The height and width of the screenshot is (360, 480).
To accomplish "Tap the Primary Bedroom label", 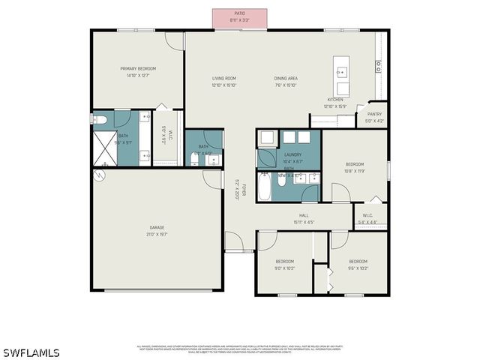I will click(x=137, y=71).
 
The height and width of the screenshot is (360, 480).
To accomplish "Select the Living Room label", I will click(x=223, y=81).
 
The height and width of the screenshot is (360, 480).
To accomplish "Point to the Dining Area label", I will click(x=286, y=81).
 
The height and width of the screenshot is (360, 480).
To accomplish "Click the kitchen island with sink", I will click(x=342, y=71).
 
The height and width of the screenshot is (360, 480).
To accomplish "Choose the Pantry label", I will click(x=374, y=117).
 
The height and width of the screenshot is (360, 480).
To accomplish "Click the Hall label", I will click(x=304, y=218).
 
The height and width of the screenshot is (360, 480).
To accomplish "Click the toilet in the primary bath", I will click(x=101, y=119).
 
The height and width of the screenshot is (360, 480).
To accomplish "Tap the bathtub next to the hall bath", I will click(x=265, y=187).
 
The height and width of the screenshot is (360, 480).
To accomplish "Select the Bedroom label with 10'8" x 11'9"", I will click(x=354, y=167).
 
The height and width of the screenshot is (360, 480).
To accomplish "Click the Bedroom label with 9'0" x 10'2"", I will click(x=284, y=264).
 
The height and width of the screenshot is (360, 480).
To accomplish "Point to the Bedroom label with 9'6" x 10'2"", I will click(x=358, y=264).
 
